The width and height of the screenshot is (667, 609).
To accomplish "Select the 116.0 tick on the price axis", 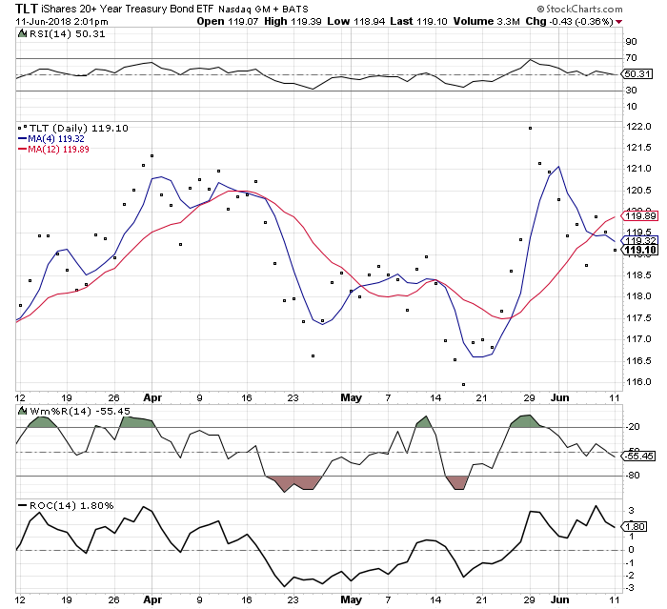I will tap(637, 382).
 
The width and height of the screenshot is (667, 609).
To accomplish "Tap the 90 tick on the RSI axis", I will tap(630, 42).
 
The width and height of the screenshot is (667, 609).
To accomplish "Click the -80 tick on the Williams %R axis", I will tap(632, 476).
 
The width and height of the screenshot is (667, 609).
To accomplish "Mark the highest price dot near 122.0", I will tap(530, 128).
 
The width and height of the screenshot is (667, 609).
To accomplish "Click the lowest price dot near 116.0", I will tap(464, 384).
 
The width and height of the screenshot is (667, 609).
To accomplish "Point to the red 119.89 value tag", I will tap(637, 215).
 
